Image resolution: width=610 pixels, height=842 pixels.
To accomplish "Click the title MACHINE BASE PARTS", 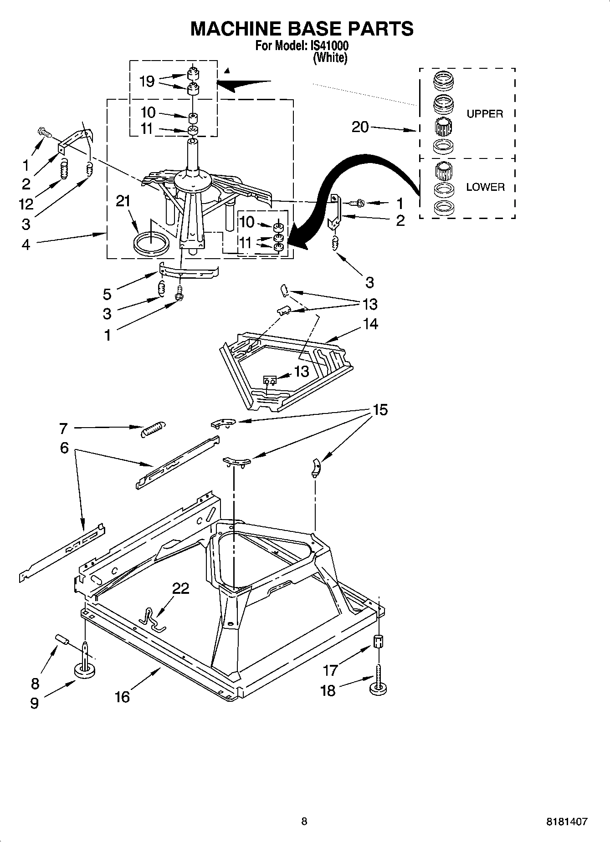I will coord(302,28).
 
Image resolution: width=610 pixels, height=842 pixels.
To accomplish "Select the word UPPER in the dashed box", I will coord(485,114).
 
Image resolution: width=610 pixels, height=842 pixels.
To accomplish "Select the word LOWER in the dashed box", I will coord(485,187).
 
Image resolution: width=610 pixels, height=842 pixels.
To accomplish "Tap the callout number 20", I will coord(360,127).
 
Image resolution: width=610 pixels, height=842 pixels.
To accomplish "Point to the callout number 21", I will coord(123,201).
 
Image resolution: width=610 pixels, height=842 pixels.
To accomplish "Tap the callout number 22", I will coord(180,589).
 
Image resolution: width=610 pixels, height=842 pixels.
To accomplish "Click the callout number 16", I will coord(122,697).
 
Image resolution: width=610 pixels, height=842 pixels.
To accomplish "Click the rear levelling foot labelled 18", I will coord(378,688).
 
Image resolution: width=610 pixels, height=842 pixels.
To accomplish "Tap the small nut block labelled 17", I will coord(378,642).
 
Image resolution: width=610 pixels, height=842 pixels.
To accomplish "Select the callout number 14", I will coord(370,324).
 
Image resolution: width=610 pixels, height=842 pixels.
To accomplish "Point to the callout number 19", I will coord(147,82).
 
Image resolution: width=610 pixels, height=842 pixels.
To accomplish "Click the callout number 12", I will coord(26,204).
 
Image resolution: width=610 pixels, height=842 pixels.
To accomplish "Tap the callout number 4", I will coord(26,245).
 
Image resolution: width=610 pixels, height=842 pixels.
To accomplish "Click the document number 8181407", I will coord(567,822).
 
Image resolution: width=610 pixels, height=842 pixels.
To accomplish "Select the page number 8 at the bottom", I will coord(304,822).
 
